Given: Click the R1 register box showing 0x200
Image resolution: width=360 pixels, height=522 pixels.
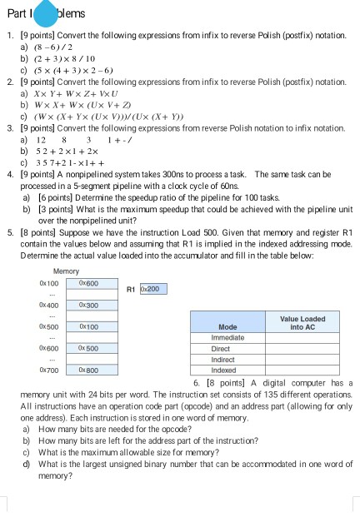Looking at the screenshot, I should (154, 290).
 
